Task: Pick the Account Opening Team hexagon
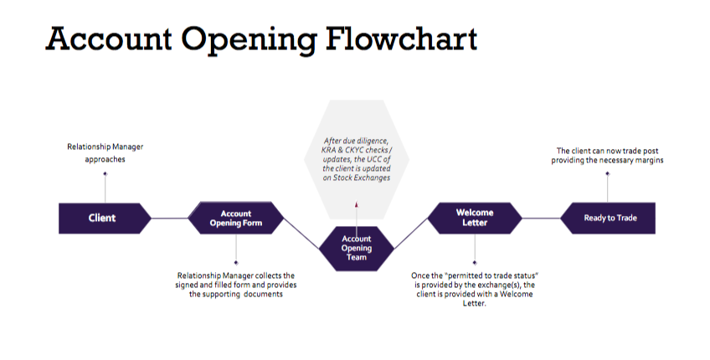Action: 356,248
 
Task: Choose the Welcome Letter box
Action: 475,218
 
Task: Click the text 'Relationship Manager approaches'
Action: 105,152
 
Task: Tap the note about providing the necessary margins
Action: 610,155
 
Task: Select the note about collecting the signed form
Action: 236,285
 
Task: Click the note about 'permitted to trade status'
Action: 475,289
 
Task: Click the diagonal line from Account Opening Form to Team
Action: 302,234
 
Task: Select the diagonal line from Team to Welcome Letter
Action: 410,234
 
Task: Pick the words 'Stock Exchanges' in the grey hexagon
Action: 357,177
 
